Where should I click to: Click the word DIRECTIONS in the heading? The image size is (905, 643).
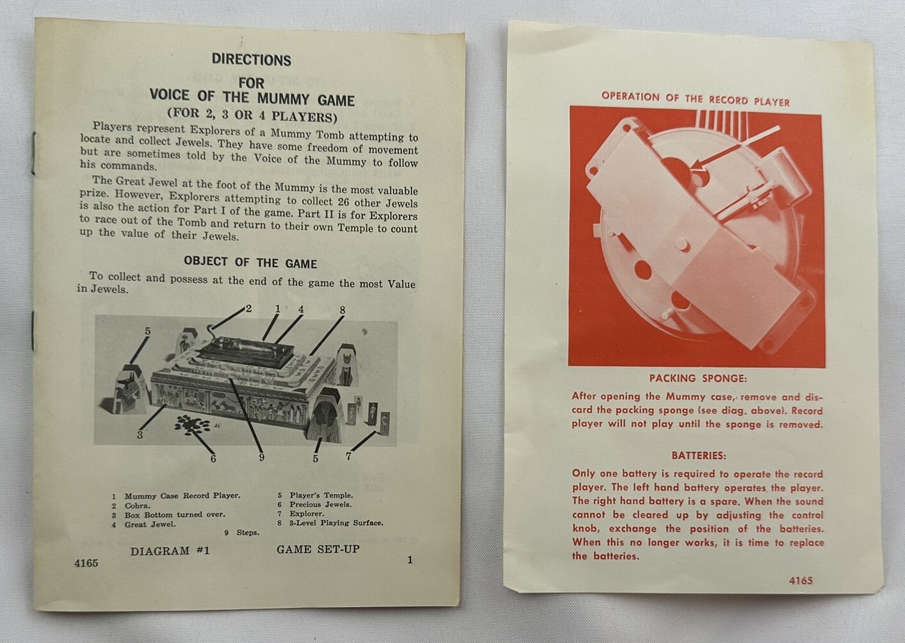click(252, 60)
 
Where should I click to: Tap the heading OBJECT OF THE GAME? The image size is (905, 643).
click(250, 263)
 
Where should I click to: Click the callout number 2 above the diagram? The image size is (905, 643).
click(248, 309)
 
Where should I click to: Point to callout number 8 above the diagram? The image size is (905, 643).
click(342, 310)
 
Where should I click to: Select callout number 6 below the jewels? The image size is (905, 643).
click(213, 458)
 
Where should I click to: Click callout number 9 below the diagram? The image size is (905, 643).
click(261, 457)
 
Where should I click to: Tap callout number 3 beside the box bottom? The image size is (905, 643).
click(140, 435)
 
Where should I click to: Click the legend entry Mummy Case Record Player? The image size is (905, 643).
click(182, 496)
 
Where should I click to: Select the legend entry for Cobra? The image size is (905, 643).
click(138, 505)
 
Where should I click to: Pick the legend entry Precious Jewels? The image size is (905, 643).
click(321, 505)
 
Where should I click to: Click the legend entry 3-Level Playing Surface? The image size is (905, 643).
click(336, 523)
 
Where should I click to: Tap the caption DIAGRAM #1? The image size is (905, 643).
click(170, 551)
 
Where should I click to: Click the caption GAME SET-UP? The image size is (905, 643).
click(318, 549)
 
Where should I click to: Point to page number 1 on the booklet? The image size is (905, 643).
click(410, 560)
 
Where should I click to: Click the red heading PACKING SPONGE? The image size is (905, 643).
click(698, 378)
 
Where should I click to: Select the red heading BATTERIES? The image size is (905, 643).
click(698, 456)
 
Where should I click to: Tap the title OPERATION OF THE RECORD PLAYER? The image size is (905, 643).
click(695, 99)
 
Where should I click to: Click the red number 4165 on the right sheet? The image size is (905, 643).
click(801, 581)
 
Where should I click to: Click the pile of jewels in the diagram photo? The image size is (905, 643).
click(192, 425)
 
